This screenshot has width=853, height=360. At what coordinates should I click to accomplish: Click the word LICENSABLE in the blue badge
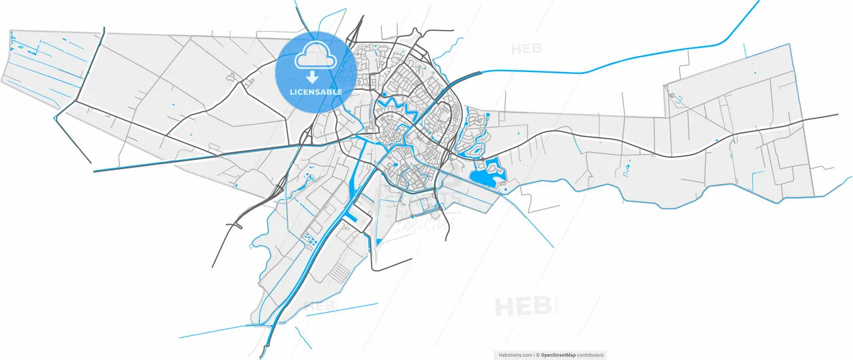316,92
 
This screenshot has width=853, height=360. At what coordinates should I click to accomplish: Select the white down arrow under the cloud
312,77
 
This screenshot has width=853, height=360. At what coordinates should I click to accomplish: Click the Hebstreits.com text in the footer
515,355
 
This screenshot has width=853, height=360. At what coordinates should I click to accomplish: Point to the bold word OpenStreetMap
558,355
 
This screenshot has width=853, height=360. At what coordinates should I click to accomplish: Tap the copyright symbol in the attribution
538,355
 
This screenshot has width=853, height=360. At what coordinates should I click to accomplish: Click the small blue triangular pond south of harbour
379,241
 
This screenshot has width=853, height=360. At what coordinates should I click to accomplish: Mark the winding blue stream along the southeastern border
666,204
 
